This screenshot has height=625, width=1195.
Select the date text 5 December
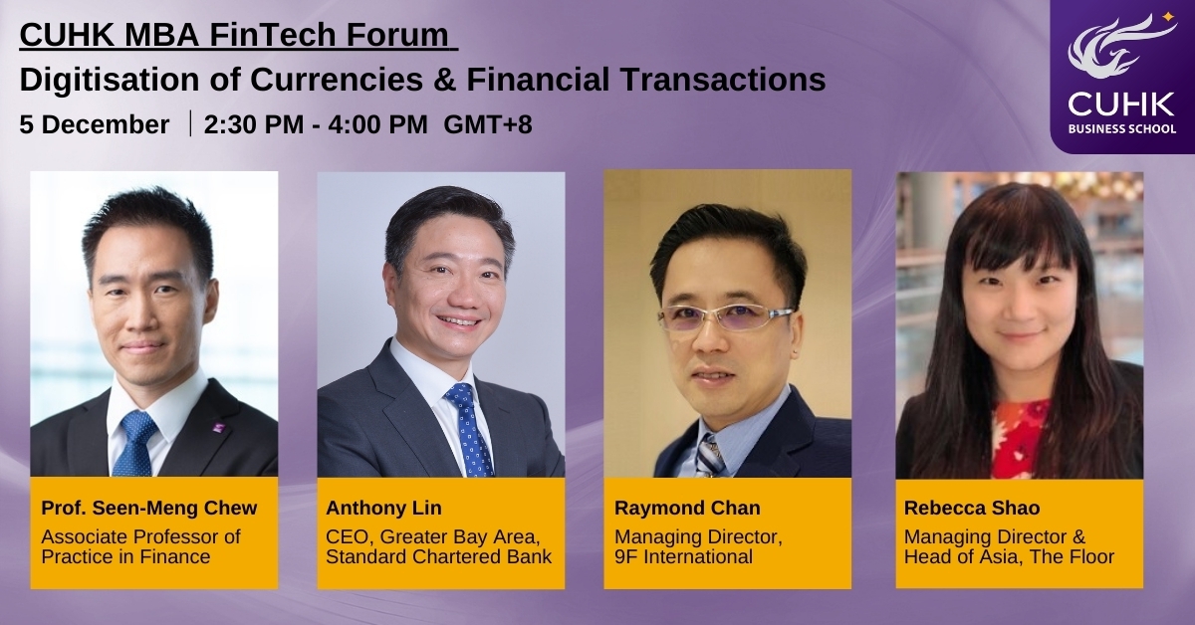pos(95,124)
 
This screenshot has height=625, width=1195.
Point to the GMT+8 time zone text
pos(488,124)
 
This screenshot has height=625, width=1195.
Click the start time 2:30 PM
pos(253,124)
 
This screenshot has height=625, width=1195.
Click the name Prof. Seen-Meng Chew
pos(149,508)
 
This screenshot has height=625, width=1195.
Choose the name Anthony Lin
pos(383,508)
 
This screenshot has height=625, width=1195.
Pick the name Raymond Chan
pos(687,508)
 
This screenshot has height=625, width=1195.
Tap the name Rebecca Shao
pos(972,508)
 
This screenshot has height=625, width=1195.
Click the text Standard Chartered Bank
pos(438,556)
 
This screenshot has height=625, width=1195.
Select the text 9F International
pos(683,556)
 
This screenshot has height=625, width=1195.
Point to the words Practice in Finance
pos(125,556)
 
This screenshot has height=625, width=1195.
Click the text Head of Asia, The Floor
pos(1009,556)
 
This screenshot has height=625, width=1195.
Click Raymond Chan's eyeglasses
pos(725,317)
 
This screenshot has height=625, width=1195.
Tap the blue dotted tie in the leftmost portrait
pos(136,443)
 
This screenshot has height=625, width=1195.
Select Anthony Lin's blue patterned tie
pos(469,429)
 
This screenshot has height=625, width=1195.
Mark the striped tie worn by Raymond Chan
pos(709,456)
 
